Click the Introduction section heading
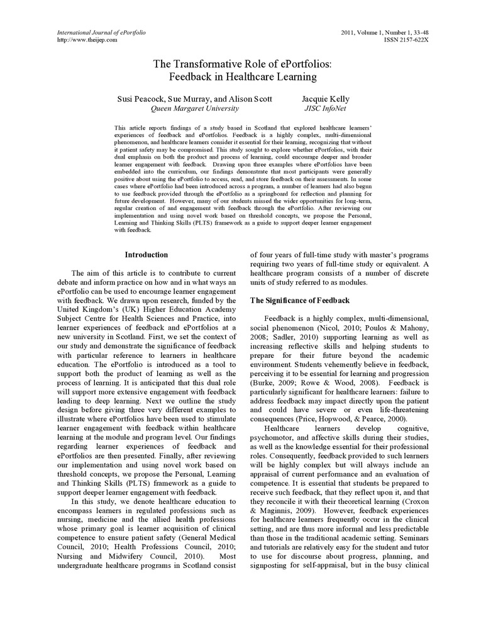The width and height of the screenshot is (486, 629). point(146,255)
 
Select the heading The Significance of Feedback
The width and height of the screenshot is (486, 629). point(300,301)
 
